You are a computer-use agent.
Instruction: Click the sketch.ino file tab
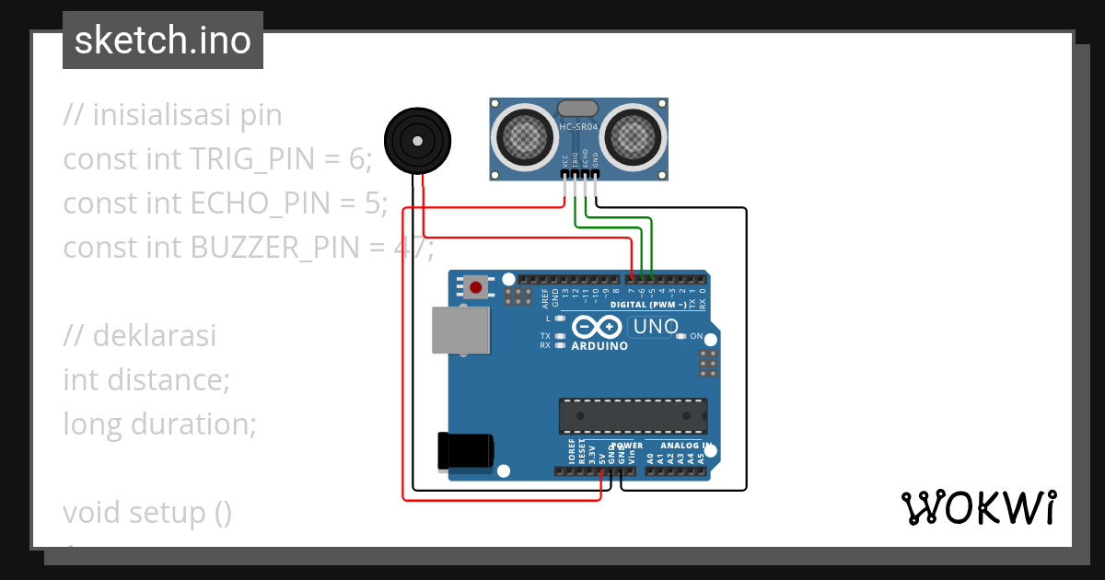(163, 41)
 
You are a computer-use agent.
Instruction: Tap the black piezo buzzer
(418, 141)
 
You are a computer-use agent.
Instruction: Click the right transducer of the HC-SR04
(633, 138)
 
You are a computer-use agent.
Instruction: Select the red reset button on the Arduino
(475, 287)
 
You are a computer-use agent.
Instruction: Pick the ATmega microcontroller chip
(634, 416)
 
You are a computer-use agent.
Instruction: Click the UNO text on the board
(656, 327)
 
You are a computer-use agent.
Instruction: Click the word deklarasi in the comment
(155, 336)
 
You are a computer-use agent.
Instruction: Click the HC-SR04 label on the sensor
(578, 126)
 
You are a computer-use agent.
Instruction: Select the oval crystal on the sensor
(578, 109)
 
